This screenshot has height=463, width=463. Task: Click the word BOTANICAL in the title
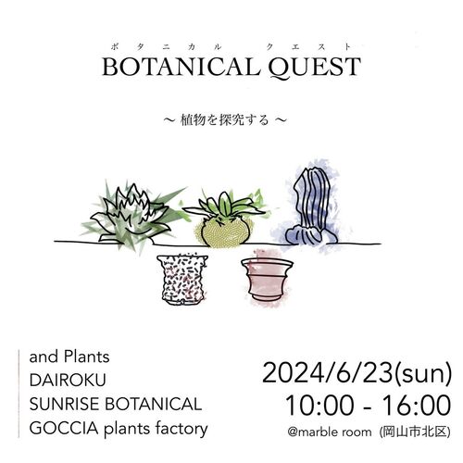[181, 67]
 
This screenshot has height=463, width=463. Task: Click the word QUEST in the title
[314, 68]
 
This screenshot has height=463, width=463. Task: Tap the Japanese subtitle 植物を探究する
[224, 119]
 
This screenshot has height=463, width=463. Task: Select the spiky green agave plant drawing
[133, 215]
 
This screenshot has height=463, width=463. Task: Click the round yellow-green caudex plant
[225, 219]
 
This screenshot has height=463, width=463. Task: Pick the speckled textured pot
[182, 279]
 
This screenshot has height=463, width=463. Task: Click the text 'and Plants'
[69, 357]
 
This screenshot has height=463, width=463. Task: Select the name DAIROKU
[68, 381]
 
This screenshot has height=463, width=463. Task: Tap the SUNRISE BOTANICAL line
[116, 405]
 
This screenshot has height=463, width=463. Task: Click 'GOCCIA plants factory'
[119, 429]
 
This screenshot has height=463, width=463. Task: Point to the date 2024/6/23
[327, 373]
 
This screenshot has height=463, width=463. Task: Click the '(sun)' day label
[422, 374]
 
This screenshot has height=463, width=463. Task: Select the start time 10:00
[319, 406]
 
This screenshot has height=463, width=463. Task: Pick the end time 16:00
[417, 406]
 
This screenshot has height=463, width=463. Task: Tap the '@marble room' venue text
[330, 432]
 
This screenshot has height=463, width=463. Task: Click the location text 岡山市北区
[415, 432]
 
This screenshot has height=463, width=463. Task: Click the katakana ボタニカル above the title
[166, 47]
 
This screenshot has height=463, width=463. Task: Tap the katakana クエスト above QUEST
[308, 47]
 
